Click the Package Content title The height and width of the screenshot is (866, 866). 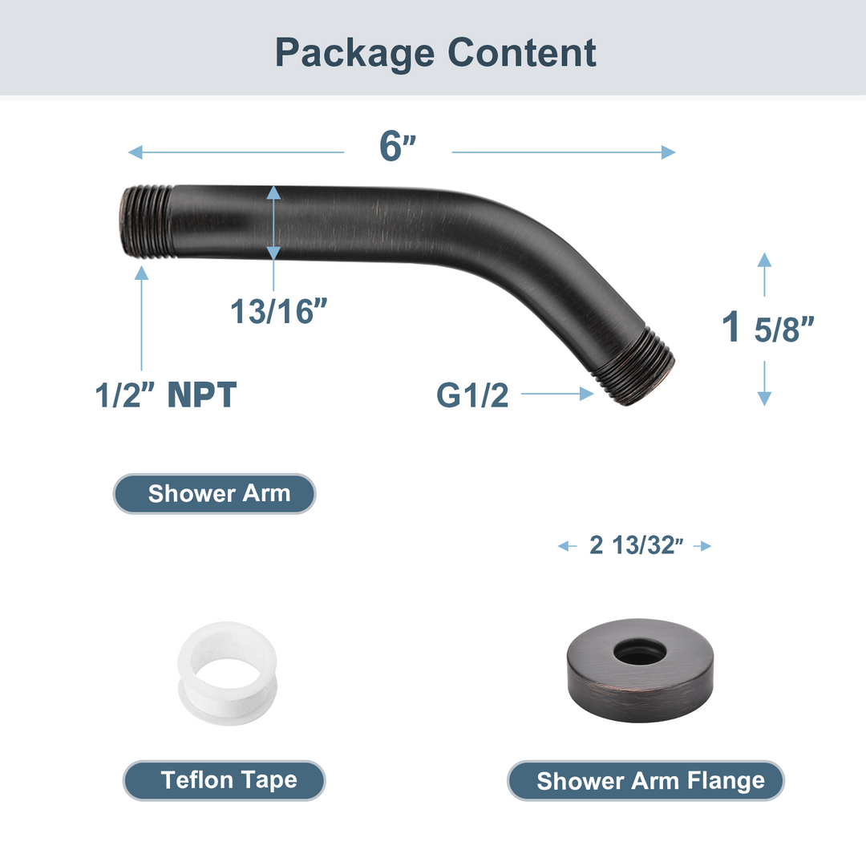pos(435,52)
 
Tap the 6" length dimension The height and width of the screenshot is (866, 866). pos(398,145)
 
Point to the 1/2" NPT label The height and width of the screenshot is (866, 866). pos(166,395)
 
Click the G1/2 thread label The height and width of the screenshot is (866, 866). pos(472,395)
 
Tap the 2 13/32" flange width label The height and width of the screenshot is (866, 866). pos(635,546)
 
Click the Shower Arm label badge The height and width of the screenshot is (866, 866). pos(214,493)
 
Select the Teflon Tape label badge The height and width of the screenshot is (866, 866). pos(225,780)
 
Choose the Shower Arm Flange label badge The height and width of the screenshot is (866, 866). pos(645,780)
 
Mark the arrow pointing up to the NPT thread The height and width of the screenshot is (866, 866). pos(142,317)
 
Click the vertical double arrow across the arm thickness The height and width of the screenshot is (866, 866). pos(273,223)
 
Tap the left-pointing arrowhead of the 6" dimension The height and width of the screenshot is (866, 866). pos(136,152)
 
